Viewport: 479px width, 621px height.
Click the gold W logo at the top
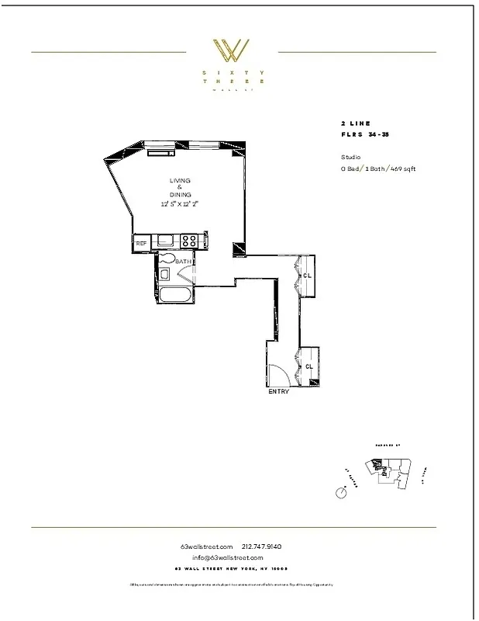pos(231,51)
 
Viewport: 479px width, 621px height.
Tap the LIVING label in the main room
pos(180,181)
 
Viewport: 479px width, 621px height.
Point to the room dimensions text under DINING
pos(179,203)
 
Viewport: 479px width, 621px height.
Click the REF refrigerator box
pos(142,244)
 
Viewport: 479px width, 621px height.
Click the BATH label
pos(184,262)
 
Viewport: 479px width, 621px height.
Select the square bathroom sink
pos(164,274)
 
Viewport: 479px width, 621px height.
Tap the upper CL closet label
pos(308,276)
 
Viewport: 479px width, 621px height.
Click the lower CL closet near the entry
pos(309,366)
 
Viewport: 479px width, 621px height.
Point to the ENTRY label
pos(278,392)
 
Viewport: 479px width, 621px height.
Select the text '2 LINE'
pos(355,123)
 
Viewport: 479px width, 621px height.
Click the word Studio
pos(350,157)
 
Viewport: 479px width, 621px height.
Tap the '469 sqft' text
pos(402,168)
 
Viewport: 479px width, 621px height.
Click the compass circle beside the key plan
pos(340,493)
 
